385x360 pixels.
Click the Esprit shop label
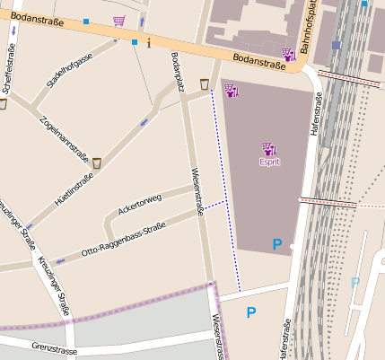point(269,162)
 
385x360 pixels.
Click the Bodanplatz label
point(178,72)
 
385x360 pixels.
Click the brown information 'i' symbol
point(148,42)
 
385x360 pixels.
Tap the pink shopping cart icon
point(118,21)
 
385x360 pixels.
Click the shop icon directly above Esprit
point(269,148)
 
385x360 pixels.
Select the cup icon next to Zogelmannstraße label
point(96,162)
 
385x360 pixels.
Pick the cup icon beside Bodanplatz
point(205,84)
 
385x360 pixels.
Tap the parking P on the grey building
point(277,244)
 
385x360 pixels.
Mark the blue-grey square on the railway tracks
point(336,45)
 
